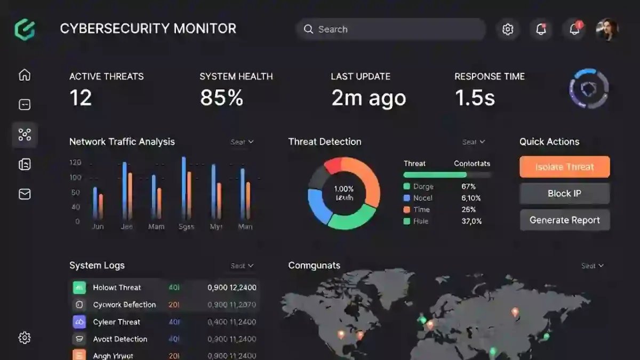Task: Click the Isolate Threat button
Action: point(564,167)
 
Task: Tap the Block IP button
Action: point(564,194)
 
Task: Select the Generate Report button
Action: point(564,220)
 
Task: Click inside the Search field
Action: point(395,29)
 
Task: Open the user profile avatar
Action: point(607,29)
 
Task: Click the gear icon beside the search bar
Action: point(508,29)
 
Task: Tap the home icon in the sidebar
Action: point(25,75)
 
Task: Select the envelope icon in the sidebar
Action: point(25,194)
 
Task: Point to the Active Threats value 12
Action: point(81,98)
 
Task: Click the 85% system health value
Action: point(221,98)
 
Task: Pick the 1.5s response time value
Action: point(475,98)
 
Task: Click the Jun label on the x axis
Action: point(98,226)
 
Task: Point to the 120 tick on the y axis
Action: point(75,162)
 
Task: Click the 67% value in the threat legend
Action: point(468,187)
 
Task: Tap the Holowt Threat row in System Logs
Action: point(117,287)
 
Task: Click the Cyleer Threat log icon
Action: point(79,322)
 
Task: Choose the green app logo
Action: point(25,29)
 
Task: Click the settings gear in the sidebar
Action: point(25,338)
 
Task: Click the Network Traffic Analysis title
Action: point(122,142)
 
